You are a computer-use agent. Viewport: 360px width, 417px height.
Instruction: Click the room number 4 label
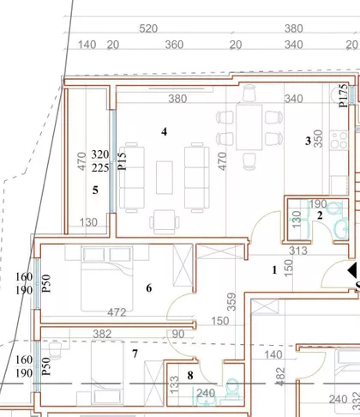[164, 131]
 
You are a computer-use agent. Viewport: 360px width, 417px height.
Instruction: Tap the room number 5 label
[95, 190]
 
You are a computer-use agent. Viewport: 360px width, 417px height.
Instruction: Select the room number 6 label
[149, 288]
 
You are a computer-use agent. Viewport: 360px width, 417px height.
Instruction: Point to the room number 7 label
[135, 354]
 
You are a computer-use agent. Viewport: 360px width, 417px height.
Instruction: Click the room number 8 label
[190, 375]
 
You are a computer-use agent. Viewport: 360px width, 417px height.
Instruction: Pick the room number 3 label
[308, 141]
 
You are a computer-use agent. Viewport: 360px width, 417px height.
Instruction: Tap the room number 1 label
[274, 270]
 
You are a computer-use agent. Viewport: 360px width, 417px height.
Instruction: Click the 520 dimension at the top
[148, 28]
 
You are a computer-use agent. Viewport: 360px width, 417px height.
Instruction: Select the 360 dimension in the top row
[174, 45]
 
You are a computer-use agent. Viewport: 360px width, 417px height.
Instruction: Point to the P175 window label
[344, 95]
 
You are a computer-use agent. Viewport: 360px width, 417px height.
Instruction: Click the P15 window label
[122, 161]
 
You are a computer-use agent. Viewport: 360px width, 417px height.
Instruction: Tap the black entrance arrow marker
[352, 270]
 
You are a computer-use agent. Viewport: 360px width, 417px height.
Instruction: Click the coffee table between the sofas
[165, 178]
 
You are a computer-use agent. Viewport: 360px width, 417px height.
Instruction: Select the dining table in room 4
[249, 127]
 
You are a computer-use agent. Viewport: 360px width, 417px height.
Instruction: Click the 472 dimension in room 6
[117, 312]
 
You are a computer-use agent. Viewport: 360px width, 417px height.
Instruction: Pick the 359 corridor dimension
[231, 302]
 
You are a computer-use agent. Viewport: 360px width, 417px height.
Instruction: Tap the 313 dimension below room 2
[298, 251]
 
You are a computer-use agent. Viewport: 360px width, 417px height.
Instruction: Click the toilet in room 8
[233, 387]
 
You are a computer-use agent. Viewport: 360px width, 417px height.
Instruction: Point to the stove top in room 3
[339, 140]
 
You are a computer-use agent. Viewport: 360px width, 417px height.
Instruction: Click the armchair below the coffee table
[165, 221]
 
